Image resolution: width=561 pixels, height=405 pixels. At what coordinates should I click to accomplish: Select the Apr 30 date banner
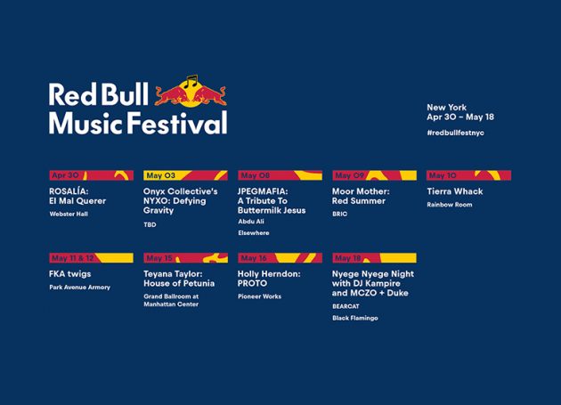[x=91, y=175]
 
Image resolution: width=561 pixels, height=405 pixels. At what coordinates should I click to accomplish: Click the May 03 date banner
[x=185, y=175]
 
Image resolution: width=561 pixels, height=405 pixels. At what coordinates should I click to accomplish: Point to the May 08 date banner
[x=280, y=175]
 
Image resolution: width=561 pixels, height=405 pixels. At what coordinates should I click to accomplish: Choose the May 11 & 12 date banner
[x=91, y=258]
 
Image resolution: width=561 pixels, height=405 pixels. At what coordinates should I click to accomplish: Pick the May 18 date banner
[x=374, y=258]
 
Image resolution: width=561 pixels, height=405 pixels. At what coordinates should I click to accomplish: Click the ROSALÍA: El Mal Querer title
[x=77, y=196]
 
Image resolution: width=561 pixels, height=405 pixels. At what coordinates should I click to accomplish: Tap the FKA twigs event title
[x=70, y=274]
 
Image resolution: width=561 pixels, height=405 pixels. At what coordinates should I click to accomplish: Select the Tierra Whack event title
[x=455, y=191]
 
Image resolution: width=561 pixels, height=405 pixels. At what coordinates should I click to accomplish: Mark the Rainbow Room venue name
[x=450, y=205]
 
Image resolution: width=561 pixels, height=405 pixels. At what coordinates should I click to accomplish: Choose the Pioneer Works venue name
[x=259, y=296]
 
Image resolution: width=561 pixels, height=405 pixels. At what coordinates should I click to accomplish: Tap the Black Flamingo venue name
[x=355, y=318]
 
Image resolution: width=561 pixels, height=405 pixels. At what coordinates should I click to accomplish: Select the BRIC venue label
[x=339, y=215]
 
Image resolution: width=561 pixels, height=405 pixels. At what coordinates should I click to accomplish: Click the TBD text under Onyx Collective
[x=150, y=224]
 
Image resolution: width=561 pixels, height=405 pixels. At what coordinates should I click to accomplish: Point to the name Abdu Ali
[x=251, y=222]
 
